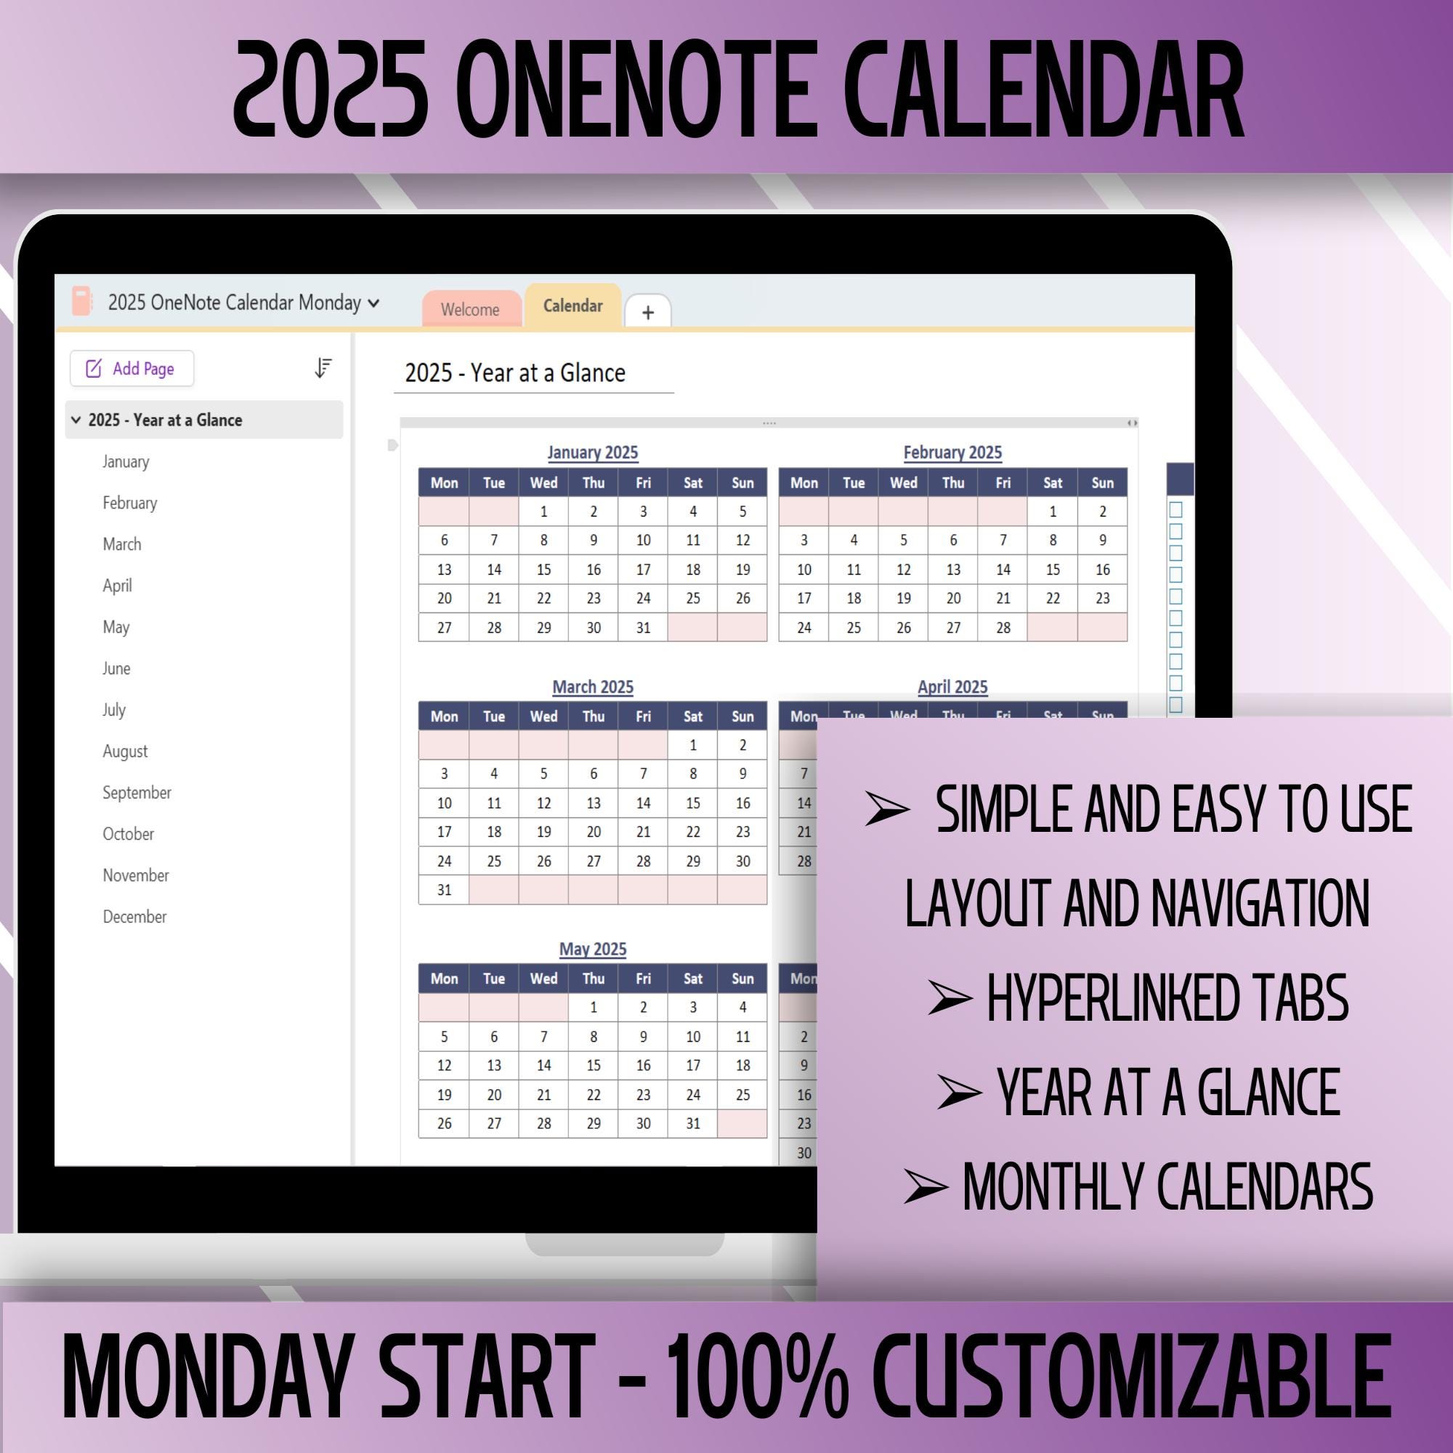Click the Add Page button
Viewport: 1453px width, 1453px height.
click(x=131, y=368)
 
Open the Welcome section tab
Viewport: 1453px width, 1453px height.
click(x=470, y=309)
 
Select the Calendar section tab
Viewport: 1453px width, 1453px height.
click(x=573, y=306)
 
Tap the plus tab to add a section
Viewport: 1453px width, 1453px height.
click(x=647, y=312)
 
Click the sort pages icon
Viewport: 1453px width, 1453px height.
click(x=323, y=368)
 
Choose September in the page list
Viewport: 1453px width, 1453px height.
click(x=137, y=793)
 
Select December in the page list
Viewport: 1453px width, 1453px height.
click(x=134, y=917)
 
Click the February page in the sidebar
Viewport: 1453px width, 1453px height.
click(x=130, y=503)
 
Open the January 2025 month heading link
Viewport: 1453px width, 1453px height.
click(x=593, y=453)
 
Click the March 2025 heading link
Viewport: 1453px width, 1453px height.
click(x=593, y=687)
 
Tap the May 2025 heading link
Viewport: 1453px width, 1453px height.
click(x=593, y=949)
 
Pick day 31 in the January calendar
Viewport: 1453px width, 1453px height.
click(x=643, y=627)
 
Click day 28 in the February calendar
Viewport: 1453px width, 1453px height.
click(x=1003, y=627)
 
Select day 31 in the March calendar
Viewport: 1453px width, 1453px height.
click(x=444, y=890)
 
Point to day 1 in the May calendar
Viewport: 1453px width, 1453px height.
click(x=594, y=1007)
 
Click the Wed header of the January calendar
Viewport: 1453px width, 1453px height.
click(x=543, y=483)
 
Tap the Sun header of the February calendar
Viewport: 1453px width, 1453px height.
click(x=1102, y=483)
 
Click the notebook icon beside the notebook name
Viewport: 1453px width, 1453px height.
click(x=81, y=301)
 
